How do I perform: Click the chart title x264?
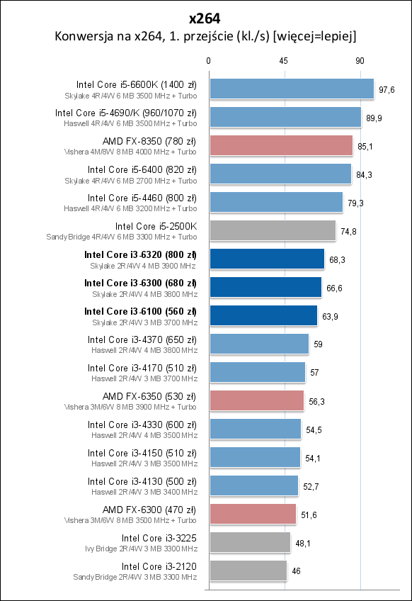(205, 17)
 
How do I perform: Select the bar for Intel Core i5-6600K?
(291, 89)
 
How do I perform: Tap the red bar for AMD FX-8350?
(280, 146)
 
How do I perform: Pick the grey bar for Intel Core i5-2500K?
(272, 231)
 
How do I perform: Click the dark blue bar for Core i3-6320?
(266, 259)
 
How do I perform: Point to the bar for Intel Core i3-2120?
(248, 571)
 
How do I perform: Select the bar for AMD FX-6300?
(252, 514)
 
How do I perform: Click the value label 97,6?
(387, 90)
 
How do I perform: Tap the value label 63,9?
(330, 316)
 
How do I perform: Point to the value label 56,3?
(316, 401)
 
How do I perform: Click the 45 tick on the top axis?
(284, 62)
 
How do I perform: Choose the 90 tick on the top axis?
(360, 62)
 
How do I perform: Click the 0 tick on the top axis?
(208, 62)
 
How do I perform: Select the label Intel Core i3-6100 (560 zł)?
(140, 311)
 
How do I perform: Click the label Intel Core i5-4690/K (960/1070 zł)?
(126, 113)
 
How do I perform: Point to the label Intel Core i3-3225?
(159, 538)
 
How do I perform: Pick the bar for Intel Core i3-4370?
(258, 344)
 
